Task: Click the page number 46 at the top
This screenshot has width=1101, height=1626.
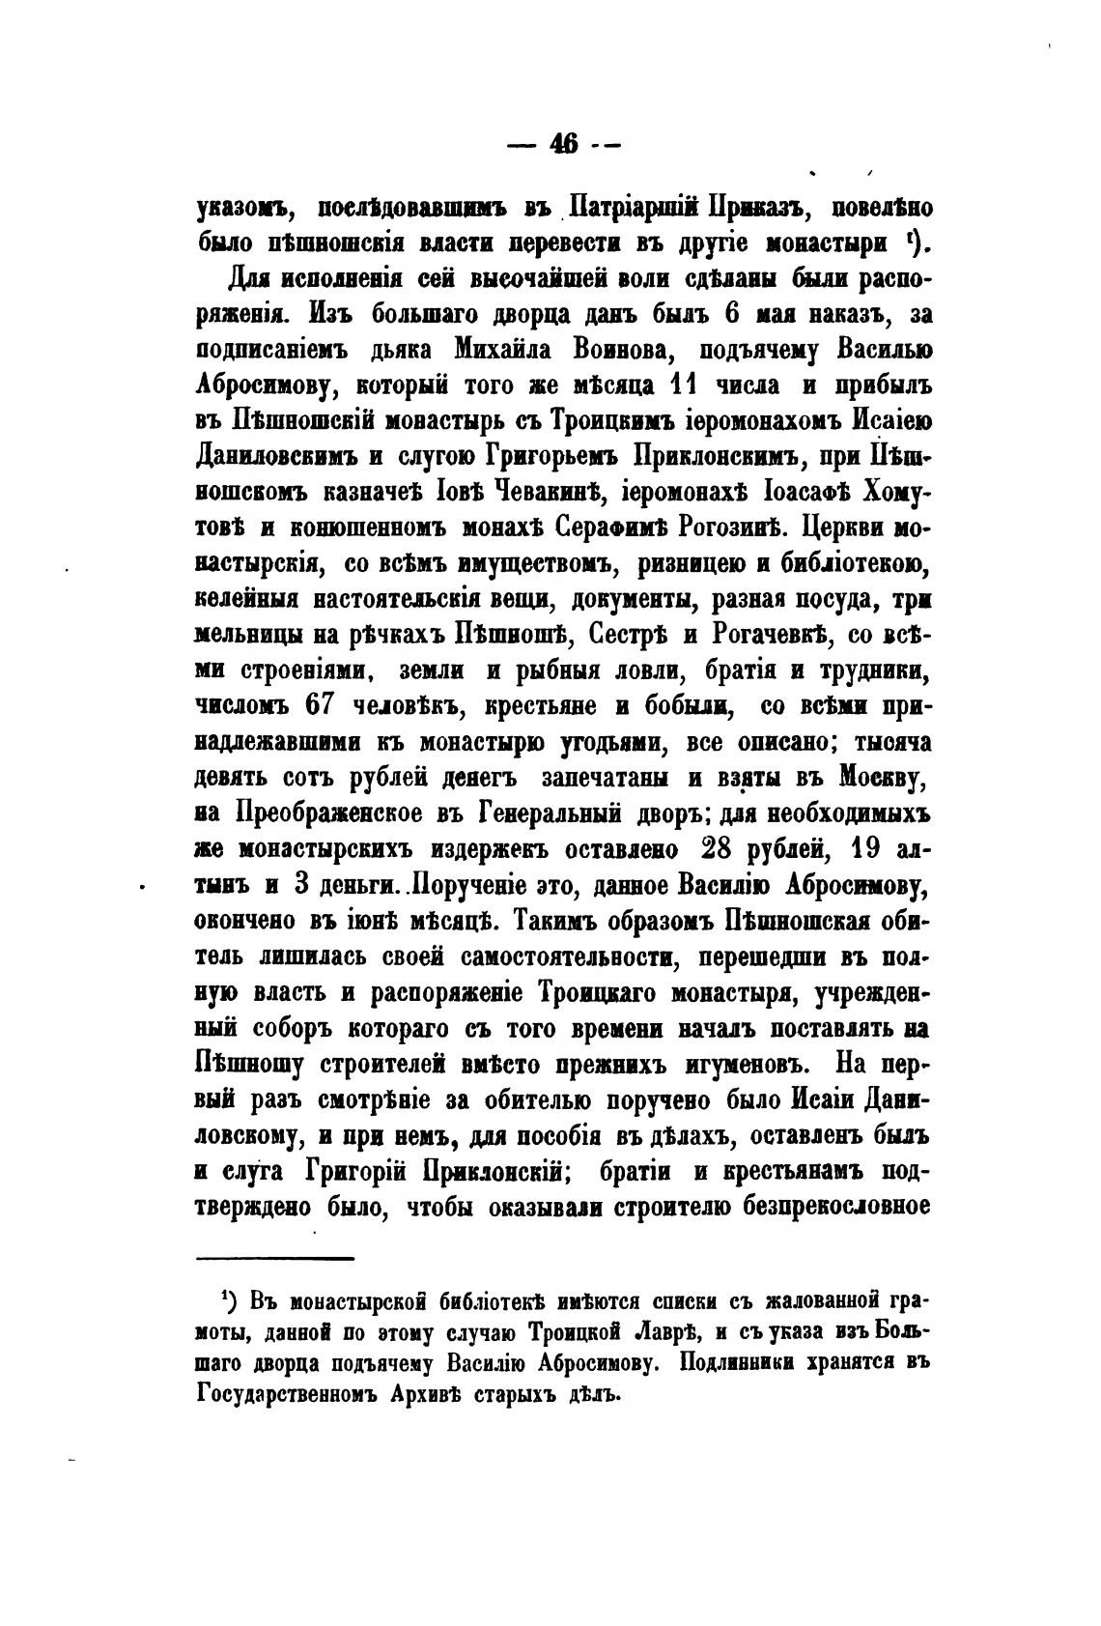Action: [x=563, y=144]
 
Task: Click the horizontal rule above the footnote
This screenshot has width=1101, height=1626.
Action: [x=276, y=1257]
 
